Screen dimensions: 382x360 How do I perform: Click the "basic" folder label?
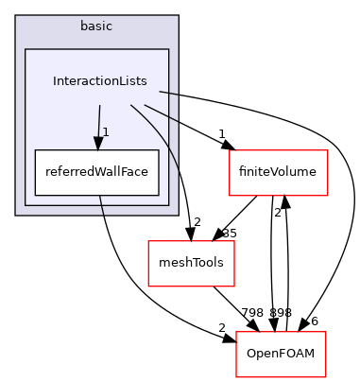(95, 26)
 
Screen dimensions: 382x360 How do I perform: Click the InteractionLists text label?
(99, 81)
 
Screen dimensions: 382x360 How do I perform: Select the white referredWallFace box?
(96, 172)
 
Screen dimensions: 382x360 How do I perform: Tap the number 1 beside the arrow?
(106, 131)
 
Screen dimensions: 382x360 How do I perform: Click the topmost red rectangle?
(278, 173)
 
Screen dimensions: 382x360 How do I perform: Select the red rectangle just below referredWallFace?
(191, 263)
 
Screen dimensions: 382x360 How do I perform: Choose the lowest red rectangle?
(281, 354)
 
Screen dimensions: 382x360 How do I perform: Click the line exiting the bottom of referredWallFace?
(101, 205)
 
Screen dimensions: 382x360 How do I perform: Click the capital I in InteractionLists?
(54, 81)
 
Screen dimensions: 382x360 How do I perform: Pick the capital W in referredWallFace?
(95, 172)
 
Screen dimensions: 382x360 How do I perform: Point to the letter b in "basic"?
(83, 26)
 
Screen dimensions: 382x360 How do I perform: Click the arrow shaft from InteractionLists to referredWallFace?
(98, 121)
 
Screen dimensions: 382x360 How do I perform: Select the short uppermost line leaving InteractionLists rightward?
(169, 93)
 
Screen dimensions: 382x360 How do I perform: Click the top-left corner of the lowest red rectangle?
(236, 332)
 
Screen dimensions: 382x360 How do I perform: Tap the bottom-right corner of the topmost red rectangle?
(327, 196)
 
